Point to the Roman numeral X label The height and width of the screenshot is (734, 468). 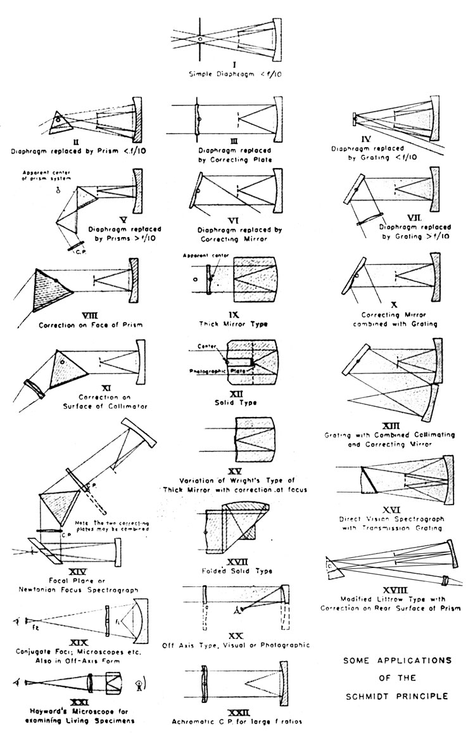point(394,305)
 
